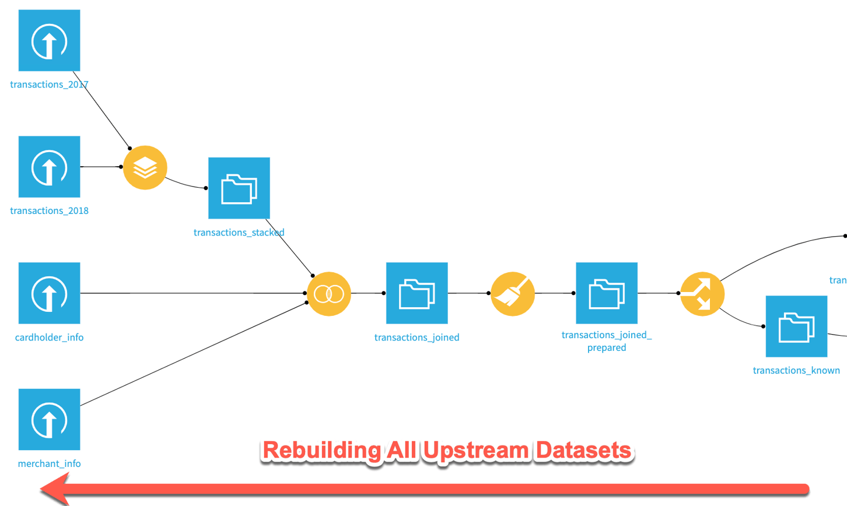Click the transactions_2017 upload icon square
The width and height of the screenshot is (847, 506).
pyautogui.click(x=49, y=40)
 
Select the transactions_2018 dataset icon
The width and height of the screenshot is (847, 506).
pyautogui.click(x=49, y=167)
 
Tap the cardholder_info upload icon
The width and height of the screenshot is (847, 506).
pyautogui.click(x=49, y=293)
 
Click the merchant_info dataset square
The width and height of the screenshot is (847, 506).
pyautogui.click(x=49, y=419)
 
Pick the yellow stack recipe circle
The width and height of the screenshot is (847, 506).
pyautogui.click(x=145, y=168)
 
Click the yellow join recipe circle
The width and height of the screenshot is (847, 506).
pyautogui.click(x=329, y=294)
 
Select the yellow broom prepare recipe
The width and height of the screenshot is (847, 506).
pyautogui.click(x=513, y=294)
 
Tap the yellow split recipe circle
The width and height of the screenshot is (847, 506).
pyautogui.click(x=702, y=294)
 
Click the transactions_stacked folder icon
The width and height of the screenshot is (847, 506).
pyautogui.click(x=239, y=188)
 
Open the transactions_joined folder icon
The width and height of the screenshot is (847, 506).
pyautogui.click(x=416, y=293)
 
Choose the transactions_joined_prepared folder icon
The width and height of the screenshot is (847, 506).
pyautogui.click(x=607, y=293)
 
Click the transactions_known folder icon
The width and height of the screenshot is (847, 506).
pyautogui.click(x=796, y=326)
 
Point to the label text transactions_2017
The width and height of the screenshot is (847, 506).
pyautogui.click(x=49, y=85)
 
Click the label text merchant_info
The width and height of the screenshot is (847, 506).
pyautogui.click(x=49, y=464)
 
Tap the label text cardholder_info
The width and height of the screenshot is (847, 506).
pyautogui.click(x=49, y=338)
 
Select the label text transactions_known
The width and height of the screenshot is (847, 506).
pyautogui.click(x=796, y=371)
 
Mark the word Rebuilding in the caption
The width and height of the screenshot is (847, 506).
pyautogui.click(x=318, y=451)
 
